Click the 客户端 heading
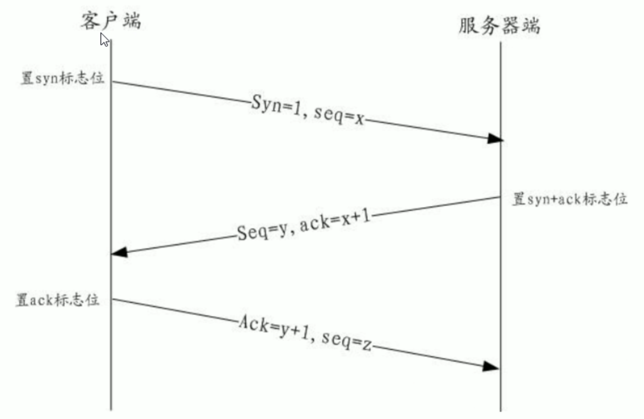pos(110,20)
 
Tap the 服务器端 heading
pos(499,25)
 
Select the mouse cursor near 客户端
pos(104,40)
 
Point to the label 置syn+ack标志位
pos(570,200)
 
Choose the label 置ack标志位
pos(57,300)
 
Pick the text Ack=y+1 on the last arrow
pos(274,329)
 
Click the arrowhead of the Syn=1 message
pos(495,139)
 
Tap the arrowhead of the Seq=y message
pos(120,252)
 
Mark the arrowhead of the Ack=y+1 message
pos(491,366)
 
